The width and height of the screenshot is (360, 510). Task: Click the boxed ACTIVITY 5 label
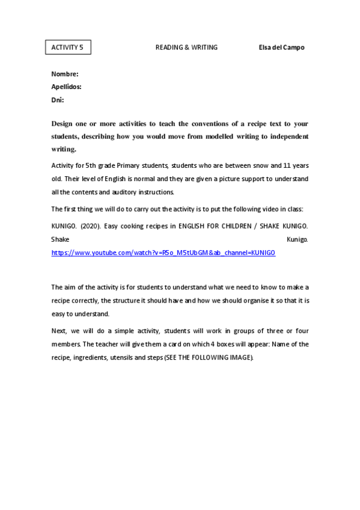pyautogui.click(x=68, y=48)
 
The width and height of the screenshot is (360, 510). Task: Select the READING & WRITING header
pyautogui.click(x=186, y=48)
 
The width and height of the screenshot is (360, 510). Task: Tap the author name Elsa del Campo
pyautogui.click(x=277, y=48)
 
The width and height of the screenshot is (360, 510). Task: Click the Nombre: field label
pyautogui.click(x=65, y=74)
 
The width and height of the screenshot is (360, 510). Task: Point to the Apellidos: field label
pyautogui.click(x=66, y=87)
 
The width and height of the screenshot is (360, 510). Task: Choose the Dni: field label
pyautogui.click(x=58, y=100)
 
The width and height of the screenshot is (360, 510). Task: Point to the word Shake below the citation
pyautogui.click(x=60, y=239)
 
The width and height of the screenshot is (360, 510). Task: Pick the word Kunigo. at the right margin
pyautogui.click(x=297, y=239)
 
